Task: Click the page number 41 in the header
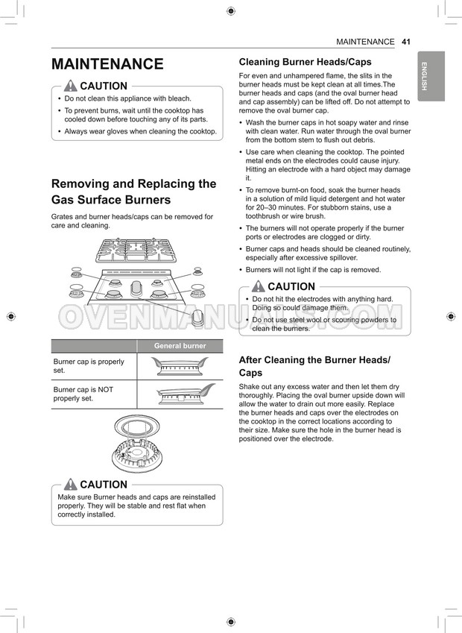click(406, 42)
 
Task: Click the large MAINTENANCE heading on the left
click(107, 64)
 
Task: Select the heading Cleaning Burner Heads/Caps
click(305, 62)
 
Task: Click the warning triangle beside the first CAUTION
click(71, 86)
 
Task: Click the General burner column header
click(180, 346)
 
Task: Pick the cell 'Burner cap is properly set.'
click(89, 365)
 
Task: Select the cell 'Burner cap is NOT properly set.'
click(84, 394)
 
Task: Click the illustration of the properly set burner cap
click(180, 365)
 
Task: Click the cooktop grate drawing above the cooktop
click(136, 250)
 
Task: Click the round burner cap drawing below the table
click(136, 426)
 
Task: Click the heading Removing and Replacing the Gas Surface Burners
click(133, 192)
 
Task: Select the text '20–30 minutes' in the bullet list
click(270, 207)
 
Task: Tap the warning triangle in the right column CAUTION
click(259, 286)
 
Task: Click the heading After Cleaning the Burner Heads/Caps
click(314, 366)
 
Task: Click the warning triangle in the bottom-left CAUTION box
click(71, 485)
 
